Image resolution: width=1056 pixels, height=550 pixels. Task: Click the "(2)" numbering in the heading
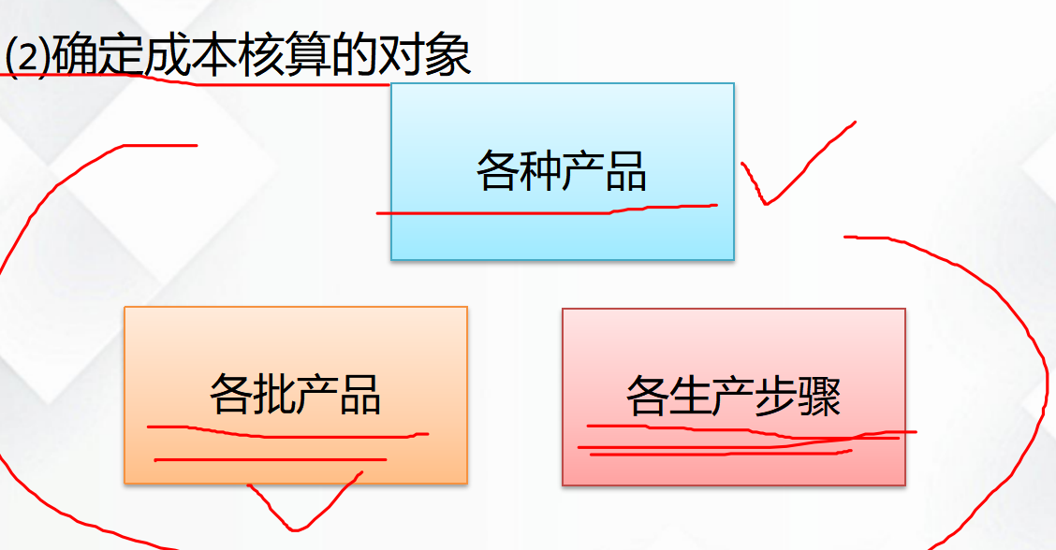(25, 58)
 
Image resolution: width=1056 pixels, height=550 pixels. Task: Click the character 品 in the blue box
(625, 172)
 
